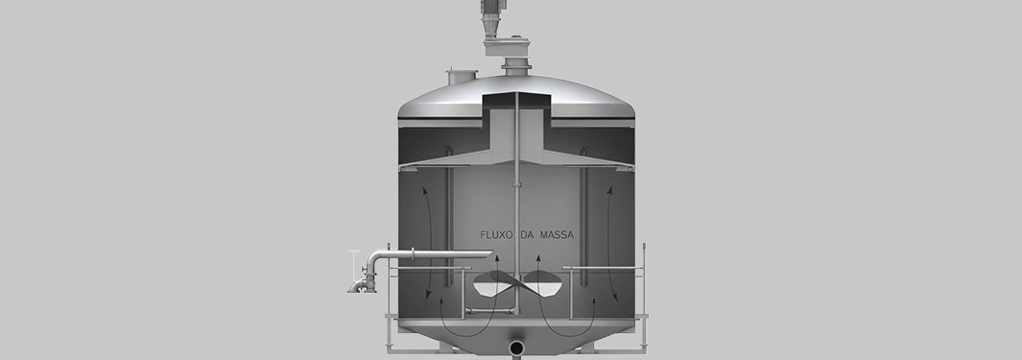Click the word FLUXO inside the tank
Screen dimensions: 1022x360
click(497, 235)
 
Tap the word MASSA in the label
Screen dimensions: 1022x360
click(558, 235)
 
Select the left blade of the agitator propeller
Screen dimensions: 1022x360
click(493, 283)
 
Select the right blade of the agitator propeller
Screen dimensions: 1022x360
click(541, 283)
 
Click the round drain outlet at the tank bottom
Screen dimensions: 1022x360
click(516, 348)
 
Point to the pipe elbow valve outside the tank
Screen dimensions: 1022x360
click(363, 279)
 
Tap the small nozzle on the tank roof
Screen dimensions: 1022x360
click(462, 76)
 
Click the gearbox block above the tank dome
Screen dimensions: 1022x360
click(507, 48)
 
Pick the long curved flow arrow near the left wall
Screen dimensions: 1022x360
click(430, 243)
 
